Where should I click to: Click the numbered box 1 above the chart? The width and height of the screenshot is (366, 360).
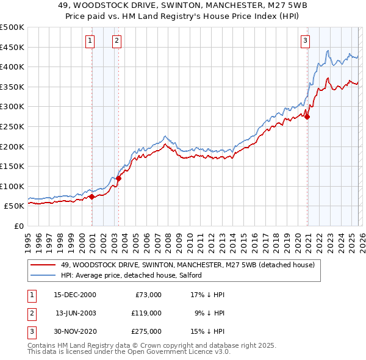pos(90,41)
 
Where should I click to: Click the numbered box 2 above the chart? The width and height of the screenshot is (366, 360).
pos(117,41)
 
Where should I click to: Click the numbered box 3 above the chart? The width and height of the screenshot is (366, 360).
pos(305,41)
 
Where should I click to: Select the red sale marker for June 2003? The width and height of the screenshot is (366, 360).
pos(119,179)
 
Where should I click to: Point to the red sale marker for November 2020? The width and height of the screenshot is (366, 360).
pos(307,117)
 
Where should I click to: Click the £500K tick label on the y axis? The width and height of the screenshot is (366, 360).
pos(12,27)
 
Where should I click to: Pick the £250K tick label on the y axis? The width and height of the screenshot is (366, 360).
pos(12,126)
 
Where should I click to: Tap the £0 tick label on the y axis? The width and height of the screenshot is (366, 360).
pos(18,226)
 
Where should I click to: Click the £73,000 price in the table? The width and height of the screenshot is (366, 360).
pos(147,295)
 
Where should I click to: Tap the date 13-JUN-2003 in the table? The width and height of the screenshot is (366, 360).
pos(76,312)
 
